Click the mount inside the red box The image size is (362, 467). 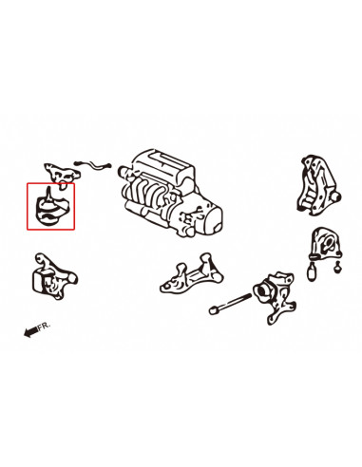[x=48, y=210]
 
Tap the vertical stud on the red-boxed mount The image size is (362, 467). [x=48, y=194]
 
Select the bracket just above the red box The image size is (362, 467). [x=62, y=174]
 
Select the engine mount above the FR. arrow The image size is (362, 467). [x=54, y=276]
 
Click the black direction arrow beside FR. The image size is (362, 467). [x=31, y=332]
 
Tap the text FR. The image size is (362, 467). [x=44, y=327]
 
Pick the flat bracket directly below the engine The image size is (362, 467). [x=191, y=273]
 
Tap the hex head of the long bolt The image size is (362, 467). [x=213, y=310]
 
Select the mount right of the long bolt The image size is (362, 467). [x=275, y=296]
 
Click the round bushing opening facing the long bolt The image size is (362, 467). [x=262, y=290]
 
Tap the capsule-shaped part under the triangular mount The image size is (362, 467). [x=312, y=271]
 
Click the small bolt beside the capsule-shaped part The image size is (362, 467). [x=337, y=268]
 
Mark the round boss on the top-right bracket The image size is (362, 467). [x=336, y=197]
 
